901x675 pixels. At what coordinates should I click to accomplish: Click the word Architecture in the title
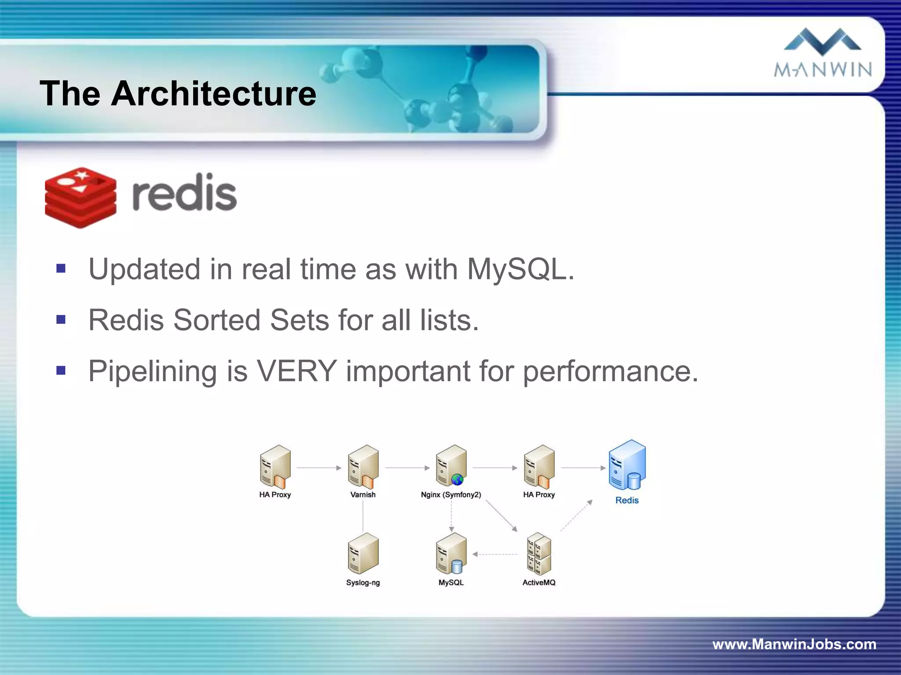(x=213, y=93)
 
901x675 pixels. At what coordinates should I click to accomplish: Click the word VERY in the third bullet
(x=297, y=371)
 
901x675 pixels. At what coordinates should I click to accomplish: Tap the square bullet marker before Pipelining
(x=61, y=370)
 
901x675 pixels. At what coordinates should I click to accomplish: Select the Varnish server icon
(x=363, y=467)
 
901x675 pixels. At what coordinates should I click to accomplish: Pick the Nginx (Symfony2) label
(x=451, y=495)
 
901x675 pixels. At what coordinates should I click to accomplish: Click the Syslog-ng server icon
(x=363, y=553)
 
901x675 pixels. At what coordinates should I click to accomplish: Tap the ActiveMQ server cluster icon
(x=539, y=554)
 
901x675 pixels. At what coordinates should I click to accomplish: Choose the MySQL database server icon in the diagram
(x=451, y=553)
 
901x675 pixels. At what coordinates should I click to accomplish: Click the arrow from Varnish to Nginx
(x=407, y=468)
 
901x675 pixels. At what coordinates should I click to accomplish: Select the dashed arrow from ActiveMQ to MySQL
(x=495, y=555)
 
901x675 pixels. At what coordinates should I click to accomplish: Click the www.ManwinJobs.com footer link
(x=794, y=644)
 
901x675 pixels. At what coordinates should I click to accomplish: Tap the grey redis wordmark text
(x=184, y=193)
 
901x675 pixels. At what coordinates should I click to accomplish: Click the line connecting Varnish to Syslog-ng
(x=363, y=516)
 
